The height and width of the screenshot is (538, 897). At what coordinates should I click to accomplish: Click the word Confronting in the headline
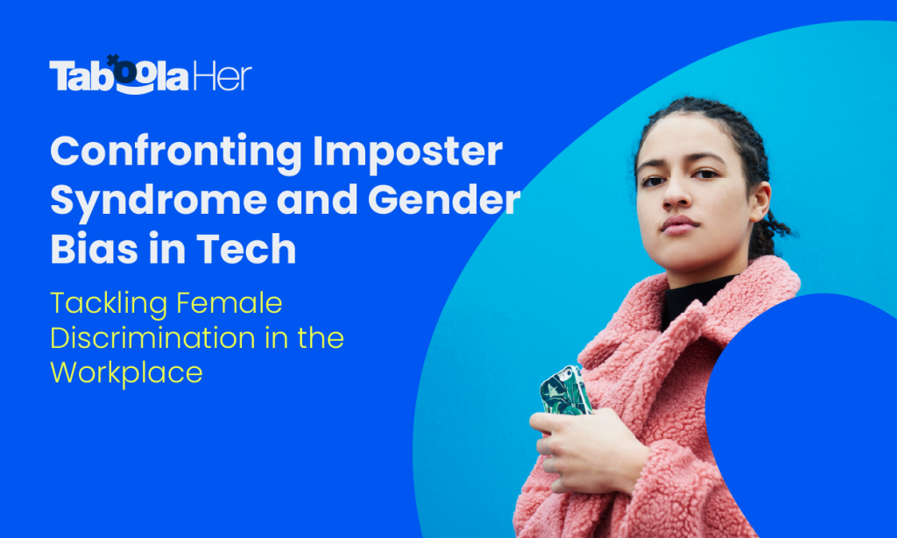(x=175, y=152)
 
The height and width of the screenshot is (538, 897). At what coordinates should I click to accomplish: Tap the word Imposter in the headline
(x=407, y=152)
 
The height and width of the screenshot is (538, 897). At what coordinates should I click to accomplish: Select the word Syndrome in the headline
(x=159, y=202)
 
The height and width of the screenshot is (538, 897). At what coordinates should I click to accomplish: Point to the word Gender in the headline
(x=444, y=200)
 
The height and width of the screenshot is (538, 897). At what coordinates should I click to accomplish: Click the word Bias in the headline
(x=94, y=248)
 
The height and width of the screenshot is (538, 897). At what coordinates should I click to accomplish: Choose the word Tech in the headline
(x=246, y=248)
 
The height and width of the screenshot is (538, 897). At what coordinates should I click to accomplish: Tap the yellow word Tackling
(x=109, y=304)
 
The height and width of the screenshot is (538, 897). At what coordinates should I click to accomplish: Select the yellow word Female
(x=229, y=302)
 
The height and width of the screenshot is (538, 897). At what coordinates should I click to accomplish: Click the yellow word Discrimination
(x=152, y=337)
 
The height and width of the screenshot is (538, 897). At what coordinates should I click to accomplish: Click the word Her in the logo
(x=222, y=77)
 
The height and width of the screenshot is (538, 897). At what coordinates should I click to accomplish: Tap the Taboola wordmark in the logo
(x=119, y=75)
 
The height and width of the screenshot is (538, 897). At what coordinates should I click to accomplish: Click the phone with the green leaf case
(x=565, y=391)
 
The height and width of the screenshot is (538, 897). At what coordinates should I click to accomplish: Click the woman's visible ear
(x=760, y=201)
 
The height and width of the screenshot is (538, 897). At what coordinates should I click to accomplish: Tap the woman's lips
(x=679, y=225)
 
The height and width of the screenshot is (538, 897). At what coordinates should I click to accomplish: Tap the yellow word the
(x=321, y=337)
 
